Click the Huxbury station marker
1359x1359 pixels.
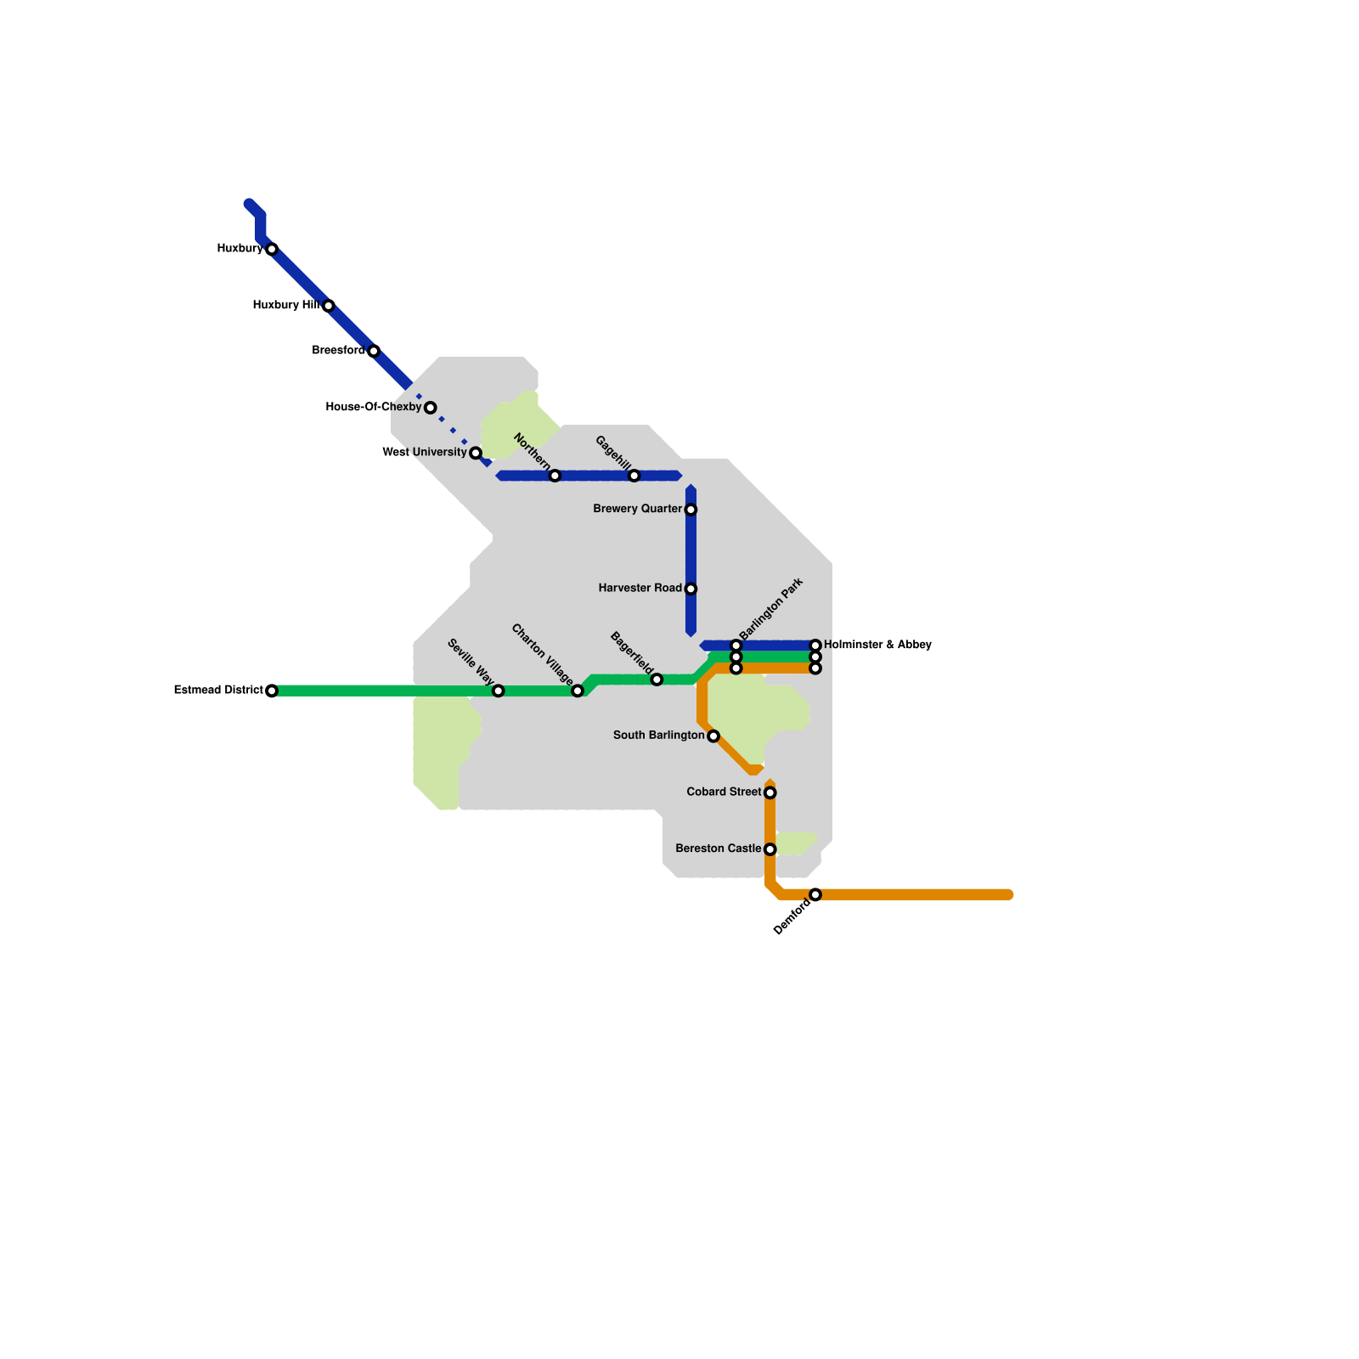(272, 249)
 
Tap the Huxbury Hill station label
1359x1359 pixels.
(285, 305)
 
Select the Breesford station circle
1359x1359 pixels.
(374, 351)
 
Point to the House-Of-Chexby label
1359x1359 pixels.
(373, 408)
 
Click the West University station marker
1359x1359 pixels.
(476, 453)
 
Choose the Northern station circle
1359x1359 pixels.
(555, 476)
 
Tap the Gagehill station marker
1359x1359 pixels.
(634, 476)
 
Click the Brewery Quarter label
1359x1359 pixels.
(637, 510)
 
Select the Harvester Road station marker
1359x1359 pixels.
(691, 589)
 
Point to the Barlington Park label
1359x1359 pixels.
(771, 609)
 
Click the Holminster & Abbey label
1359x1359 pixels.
(877, 646)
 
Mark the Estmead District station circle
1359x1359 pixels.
(272, 691)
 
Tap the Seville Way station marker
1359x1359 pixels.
(499, 691)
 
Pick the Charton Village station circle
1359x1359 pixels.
(578, 691)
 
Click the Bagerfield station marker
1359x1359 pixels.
(657, 679)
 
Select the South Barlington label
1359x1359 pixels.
(658, 736)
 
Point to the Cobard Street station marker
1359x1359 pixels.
(770, 792)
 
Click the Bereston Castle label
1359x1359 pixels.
(718, 849)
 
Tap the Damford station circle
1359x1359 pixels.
(815, 894)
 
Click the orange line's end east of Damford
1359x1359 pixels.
(1008, 894)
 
